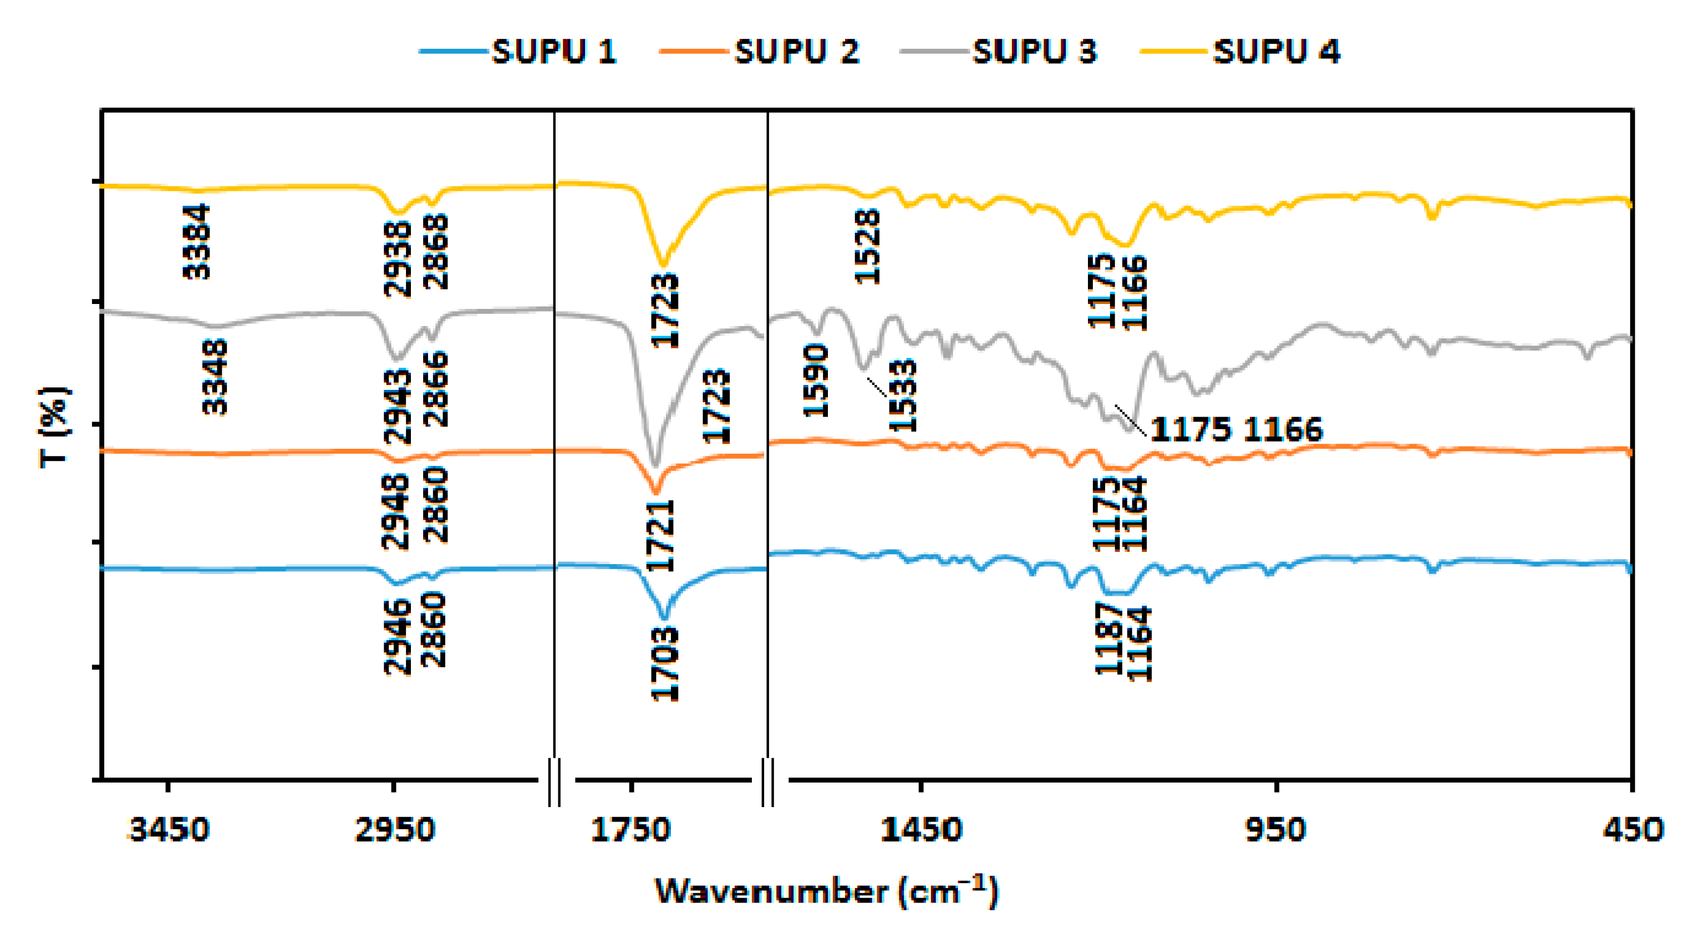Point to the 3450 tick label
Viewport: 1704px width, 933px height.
(169, 830)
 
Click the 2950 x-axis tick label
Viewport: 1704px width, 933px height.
(394, 830)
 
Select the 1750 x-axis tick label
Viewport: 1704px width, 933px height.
(630, 830)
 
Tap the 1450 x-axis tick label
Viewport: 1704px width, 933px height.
(921, 830)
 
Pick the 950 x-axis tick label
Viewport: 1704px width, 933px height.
(1275, 830)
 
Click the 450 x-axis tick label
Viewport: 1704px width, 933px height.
(1632, 830)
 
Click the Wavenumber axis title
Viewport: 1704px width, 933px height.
(826, 891)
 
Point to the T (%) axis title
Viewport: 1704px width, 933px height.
(55, 427)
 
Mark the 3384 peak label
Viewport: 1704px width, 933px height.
(196, 241)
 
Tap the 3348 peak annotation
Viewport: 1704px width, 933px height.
(215, 377)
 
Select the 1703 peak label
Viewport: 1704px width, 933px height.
(665, 663)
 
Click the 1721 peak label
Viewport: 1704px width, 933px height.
(660, 535)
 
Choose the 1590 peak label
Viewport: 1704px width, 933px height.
(816, 381)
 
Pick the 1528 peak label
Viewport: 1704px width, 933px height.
(867, 246)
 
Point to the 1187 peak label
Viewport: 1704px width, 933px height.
(1108, 638)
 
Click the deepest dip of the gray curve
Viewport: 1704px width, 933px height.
(655, 465)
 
